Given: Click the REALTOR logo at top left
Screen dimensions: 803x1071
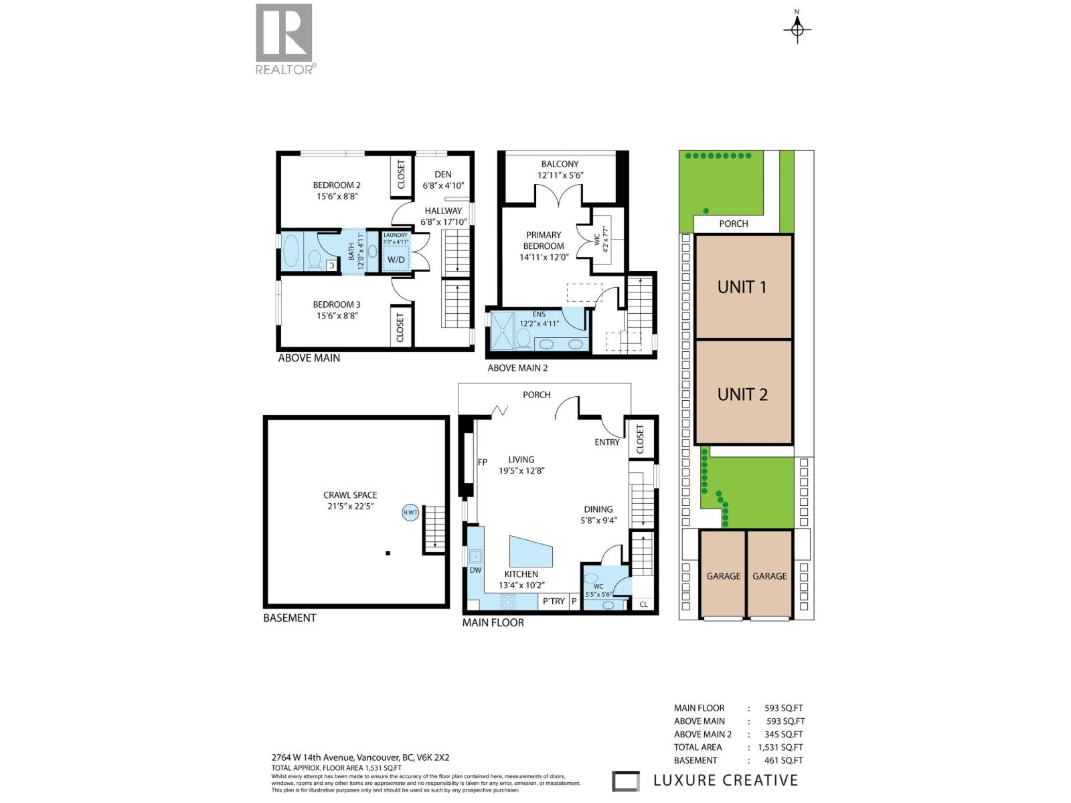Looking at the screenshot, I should click(284, 39).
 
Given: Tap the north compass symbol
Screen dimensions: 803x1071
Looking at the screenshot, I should click(797, 29).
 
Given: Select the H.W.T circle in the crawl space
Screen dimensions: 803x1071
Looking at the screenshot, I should click(410, 513).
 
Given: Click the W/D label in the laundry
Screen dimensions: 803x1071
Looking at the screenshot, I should click(396, 260).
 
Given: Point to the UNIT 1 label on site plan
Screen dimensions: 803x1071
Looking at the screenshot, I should click(742, 287).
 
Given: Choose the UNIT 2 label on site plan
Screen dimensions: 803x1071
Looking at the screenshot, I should click(742, 394).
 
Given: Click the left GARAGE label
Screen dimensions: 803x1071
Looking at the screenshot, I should click(723, 575).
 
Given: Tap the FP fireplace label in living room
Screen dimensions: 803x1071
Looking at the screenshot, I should click(482, 462).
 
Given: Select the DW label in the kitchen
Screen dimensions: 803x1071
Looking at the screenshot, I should click(475, 570).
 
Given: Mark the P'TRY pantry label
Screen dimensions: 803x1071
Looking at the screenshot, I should click(554, 601).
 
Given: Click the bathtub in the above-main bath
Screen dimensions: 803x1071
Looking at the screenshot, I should click(292, 252).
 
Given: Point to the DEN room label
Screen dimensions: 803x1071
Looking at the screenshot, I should click(442, 174).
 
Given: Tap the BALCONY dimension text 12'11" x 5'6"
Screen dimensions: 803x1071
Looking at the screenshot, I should click(560, 175).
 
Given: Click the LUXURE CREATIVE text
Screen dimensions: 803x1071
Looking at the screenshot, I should click(725, 780).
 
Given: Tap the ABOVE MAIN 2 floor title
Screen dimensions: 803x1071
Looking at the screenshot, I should click(517, 368).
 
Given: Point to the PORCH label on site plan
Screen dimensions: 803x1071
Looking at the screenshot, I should click(733, 224).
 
